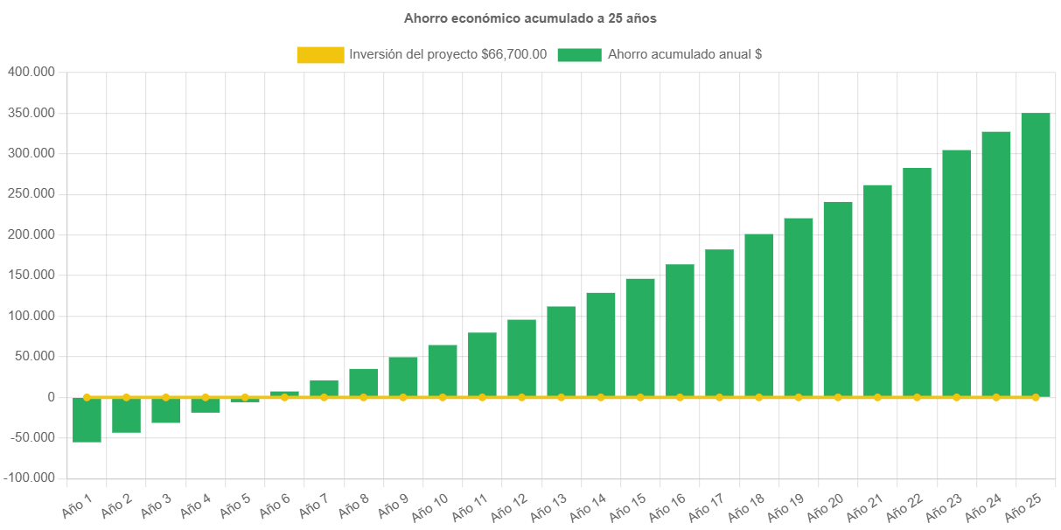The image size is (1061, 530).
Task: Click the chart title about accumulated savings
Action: pos(529,17)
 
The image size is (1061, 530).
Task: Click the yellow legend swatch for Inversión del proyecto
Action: pos(320,55)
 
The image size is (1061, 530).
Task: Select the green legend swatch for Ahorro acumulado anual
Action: pos(579,55)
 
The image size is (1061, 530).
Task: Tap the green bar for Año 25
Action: pos(1035,255)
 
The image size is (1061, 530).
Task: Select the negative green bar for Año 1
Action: pos(87,421)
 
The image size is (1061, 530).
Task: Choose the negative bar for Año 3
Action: pos(165,411)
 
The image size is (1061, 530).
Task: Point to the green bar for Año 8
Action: pos(364,382)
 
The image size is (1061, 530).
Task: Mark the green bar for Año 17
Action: pos(719,323)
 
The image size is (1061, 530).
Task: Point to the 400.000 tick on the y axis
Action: pos(31,72)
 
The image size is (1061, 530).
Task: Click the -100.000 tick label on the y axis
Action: pos(29,478)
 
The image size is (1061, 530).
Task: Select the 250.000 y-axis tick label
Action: pos(31,193)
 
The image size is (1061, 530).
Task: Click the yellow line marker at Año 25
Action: pos(1036,397)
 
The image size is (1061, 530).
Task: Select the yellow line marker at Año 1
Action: pos(87,397)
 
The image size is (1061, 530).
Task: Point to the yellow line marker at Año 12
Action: pos(521,397)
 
